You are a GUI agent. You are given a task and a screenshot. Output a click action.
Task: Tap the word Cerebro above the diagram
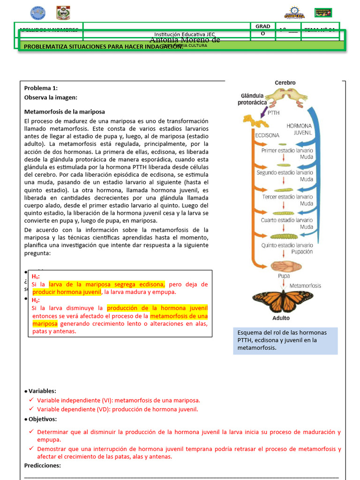click(285, 83)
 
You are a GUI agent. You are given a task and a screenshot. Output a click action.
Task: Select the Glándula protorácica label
click(252, 99)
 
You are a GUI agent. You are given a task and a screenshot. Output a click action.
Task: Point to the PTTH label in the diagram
click(274, 113)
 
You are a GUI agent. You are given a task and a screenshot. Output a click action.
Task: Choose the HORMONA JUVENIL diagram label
click(300, 129)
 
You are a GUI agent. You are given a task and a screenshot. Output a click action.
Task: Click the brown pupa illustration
click(284, 267)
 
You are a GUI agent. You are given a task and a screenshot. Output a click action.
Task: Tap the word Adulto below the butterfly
click(281, 318)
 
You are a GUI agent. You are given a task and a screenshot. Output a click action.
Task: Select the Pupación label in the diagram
click(302, 252)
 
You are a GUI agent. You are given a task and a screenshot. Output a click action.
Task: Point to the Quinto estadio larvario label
click(287, 245)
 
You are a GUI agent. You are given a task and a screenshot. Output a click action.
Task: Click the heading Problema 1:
click(41, 88)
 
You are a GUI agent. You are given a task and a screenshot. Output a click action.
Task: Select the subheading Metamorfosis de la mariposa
click(65, 112)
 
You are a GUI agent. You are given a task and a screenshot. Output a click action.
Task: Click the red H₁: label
click(36, 277)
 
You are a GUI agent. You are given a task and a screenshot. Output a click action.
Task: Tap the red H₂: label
click(36, 300)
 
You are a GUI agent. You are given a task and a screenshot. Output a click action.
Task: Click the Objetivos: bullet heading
click(43, 419)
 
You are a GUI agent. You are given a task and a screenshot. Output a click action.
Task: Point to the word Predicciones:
click(43, 465)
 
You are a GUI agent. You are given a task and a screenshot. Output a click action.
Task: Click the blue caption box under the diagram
click(285, 340)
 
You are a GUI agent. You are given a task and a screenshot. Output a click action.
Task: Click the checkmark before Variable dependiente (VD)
click(31, 409)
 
